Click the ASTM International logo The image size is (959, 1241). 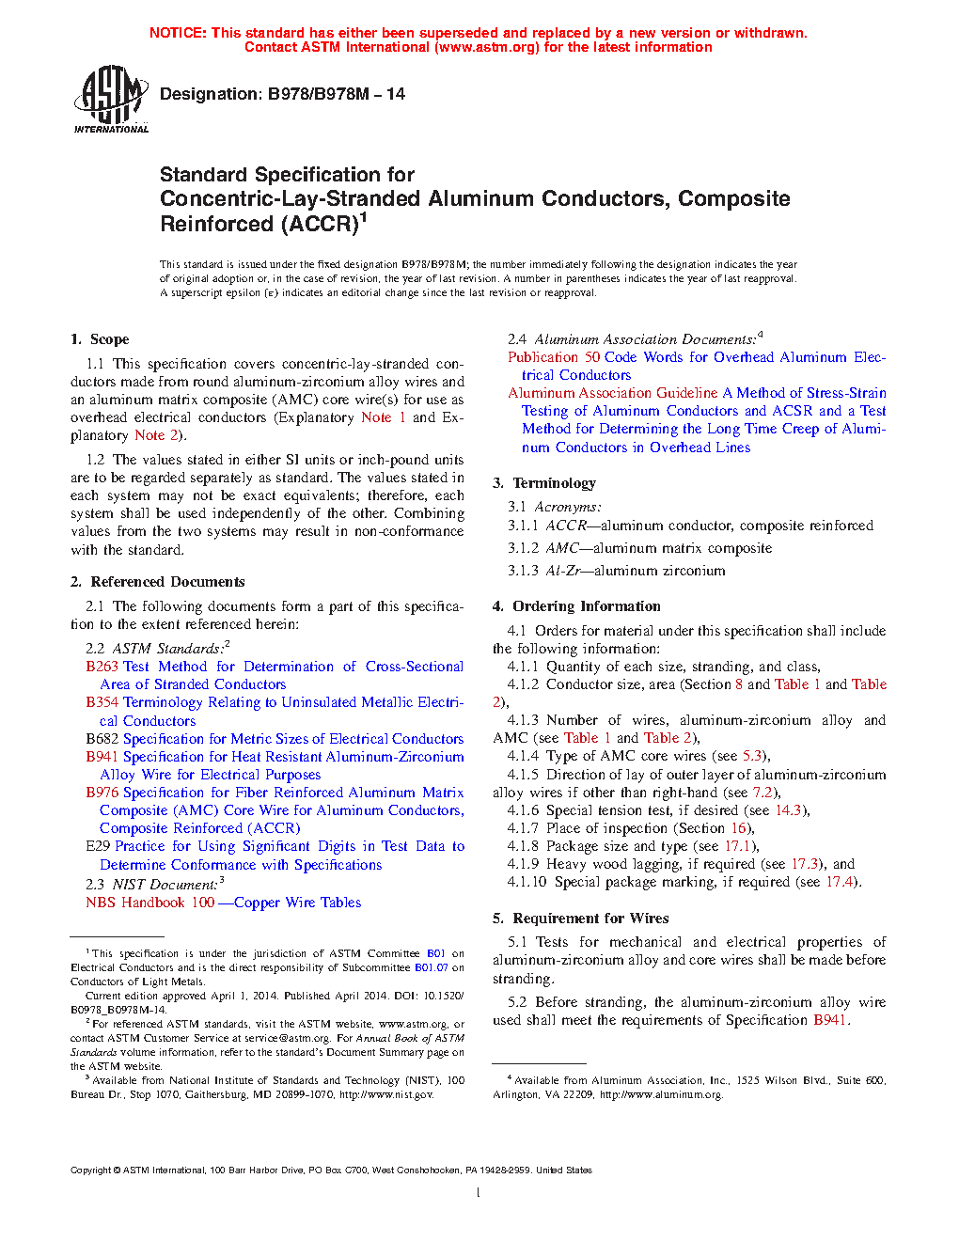pos(111,99)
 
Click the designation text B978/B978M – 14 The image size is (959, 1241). pos(282,94)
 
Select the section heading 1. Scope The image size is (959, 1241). pos(100,339)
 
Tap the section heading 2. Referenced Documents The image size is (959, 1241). pos(158,582)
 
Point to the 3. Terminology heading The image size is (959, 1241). pos(544,483)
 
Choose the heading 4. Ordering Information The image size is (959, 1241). pos(576,606)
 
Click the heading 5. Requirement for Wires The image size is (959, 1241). pos(581,919)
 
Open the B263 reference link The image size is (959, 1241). pos(102,667)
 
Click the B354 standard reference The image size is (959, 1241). pos(102,702)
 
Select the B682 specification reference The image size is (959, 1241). pos(102,739)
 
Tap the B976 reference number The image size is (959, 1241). pos(102,793)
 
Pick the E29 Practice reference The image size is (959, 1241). pos(98,846)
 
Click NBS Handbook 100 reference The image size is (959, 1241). pos(150,903)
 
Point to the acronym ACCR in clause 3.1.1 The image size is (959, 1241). pos(566,526)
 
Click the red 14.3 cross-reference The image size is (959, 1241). pos(789,810)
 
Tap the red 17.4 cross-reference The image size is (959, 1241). pos(841,882)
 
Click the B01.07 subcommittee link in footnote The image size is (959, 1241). pos(431,967)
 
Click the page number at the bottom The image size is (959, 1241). pos(479,1193)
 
